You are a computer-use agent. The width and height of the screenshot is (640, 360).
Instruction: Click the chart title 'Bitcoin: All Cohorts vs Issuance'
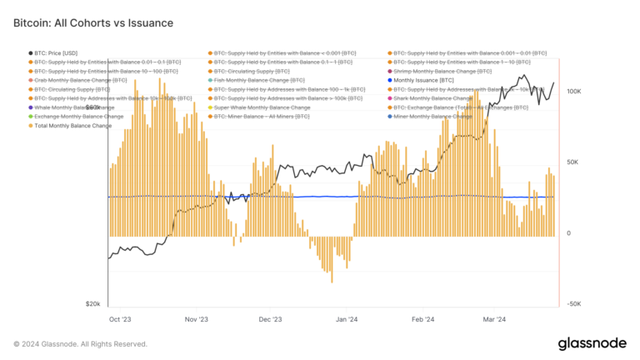click(93, 23)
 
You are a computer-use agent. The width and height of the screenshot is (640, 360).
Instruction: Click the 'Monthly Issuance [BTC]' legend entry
click(422, 80)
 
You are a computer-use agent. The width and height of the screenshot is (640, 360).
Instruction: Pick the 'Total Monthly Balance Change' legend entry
click(73, 126)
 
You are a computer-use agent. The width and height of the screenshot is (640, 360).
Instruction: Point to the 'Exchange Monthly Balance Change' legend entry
click(79, 117)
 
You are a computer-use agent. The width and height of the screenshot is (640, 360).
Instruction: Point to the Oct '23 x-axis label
click(120, 318)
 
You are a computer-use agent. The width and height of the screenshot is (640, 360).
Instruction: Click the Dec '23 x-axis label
click(271, 318)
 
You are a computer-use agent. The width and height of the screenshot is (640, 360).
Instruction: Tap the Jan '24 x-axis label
click(347, 318)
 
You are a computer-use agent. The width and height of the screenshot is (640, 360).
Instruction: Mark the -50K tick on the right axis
click(572, 304)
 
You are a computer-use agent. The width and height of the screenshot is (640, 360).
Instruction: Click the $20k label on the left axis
click(92, 304)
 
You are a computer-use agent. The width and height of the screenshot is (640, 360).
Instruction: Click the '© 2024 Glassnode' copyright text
click(81, 343)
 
